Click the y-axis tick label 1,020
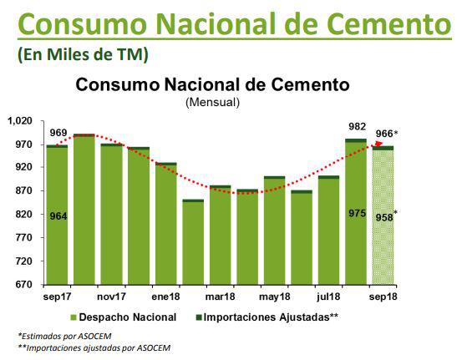coord(19,120)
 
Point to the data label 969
coord(58,133)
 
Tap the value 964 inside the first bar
coord(58,216)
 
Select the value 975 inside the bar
coord(356,214)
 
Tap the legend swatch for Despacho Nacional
coord(73,318)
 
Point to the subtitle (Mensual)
coord(212,102)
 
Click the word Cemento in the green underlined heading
coord(377,23)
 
